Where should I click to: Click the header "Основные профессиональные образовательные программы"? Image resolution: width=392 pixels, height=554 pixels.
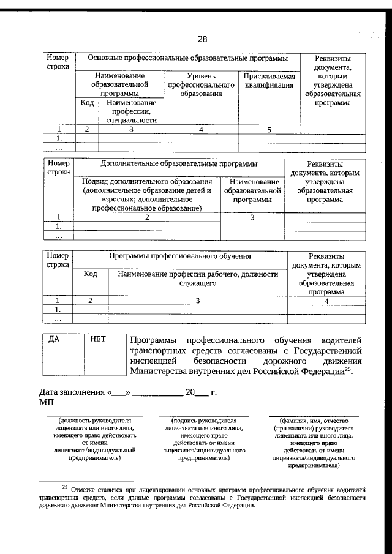[187, 58]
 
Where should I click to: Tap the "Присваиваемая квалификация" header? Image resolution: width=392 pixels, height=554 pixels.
[269, 81]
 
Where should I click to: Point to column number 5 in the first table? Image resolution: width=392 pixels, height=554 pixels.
[269, 129]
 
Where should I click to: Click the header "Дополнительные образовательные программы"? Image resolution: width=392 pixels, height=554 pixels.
[179, 164]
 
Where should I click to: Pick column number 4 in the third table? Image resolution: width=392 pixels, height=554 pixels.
[326, 301]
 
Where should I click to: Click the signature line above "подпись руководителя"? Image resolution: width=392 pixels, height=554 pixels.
[204, 416]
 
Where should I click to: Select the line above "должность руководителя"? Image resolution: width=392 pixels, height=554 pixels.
[95, 416]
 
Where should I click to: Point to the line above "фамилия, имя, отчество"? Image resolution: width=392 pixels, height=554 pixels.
[314, 416]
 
